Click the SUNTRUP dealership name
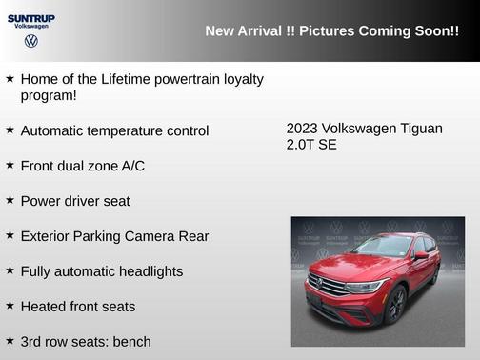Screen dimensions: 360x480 [31, 17]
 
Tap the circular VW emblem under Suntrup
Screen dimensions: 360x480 [31, 41]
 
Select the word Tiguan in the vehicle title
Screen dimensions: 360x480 [419, 129]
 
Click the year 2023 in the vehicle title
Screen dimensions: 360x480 [302, 129]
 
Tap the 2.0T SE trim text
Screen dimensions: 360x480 [311, 146]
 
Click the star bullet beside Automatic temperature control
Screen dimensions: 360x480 [10, 129]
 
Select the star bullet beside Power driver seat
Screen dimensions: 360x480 [10, 200]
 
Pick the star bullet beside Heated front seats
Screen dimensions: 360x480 [10, 306]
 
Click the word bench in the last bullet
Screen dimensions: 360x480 [131, 341]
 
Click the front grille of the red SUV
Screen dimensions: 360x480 [327, 285]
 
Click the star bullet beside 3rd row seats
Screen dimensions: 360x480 [10, 340]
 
